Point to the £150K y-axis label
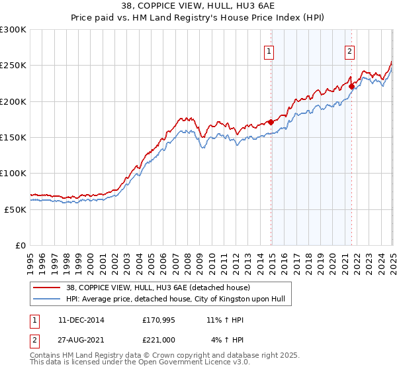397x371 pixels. pos(13,138)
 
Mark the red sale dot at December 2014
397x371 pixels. pos(271,122)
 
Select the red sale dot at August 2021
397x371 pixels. pos(351,86)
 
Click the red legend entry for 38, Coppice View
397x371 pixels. pos(155,288)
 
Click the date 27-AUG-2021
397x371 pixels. pos(76,339)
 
